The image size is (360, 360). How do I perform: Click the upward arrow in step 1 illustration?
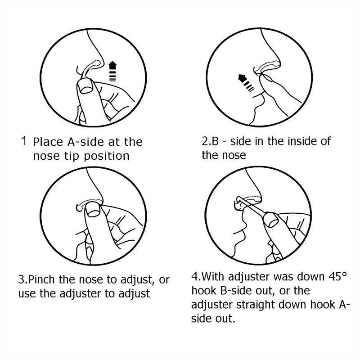112,71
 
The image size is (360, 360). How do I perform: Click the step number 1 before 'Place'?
24,141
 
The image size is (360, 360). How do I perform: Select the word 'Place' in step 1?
48,142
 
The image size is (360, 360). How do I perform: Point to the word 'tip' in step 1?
72,156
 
